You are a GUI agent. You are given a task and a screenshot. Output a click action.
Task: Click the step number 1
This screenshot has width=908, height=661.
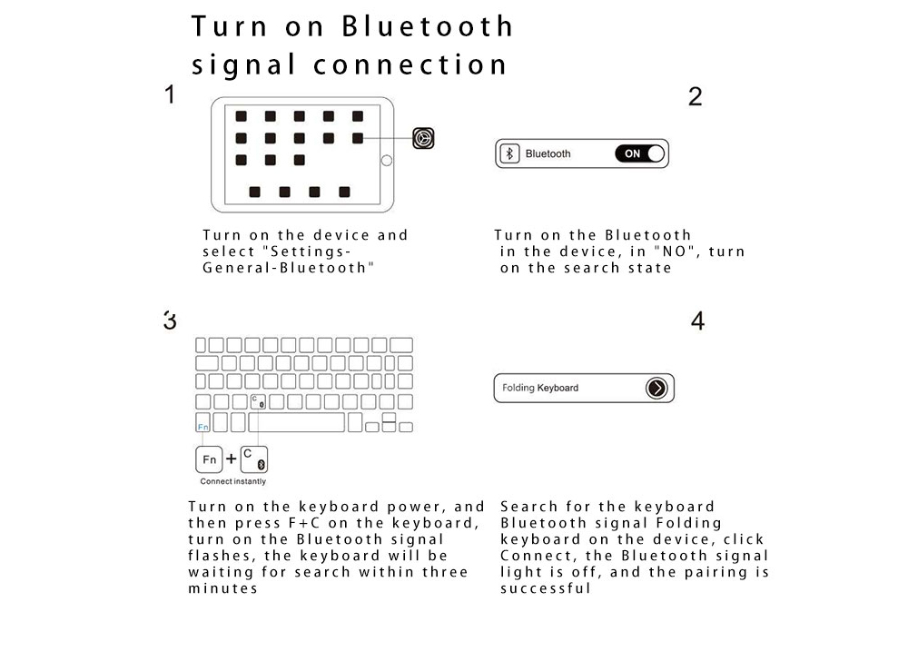point(170,94)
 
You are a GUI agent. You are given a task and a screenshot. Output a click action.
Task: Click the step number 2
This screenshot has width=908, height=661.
point(695,96)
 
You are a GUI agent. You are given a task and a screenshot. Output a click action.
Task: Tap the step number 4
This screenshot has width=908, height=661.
point(697,321)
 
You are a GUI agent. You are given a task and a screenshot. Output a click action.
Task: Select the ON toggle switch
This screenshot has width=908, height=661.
point(639,153)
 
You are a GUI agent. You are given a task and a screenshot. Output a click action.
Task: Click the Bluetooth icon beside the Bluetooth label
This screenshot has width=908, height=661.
point(509,153)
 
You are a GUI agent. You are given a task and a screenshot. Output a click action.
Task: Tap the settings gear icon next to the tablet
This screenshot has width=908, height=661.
point(423,138)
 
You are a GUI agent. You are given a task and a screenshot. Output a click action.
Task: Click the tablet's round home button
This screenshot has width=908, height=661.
point(386,161)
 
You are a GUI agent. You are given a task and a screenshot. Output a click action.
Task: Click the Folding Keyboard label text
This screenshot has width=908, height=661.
point(539,388)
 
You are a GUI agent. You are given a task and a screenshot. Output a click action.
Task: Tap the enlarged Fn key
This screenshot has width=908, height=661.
point(209,459)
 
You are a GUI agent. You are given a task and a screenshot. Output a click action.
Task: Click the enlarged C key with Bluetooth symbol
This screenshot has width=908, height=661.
point(254,459)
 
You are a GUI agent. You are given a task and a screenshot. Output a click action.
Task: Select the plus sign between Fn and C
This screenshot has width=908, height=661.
point(231,459)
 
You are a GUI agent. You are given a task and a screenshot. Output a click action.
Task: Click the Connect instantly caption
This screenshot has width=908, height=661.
point(232,481)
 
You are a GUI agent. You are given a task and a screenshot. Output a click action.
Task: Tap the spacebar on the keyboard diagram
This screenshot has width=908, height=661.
point(297,422)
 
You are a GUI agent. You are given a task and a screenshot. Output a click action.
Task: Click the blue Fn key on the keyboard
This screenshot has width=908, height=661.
point(202,422)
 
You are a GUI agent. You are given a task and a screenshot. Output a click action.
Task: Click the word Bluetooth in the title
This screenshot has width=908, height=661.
point(428,26)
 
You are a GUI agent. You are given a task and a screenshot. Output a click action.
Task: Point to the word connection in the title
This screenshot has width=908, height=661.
point(410,64)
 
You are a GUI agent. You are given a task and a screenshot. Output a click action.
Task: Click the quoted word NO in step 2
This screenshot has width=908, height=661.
point(674,252)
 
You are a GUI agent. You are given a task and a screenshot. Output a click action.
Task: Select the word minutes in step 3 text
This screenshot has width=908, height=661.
point(222,588)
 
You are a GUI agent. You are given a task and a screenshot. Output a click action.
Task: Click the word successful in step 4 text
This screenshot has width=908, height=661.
point(545,588)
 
